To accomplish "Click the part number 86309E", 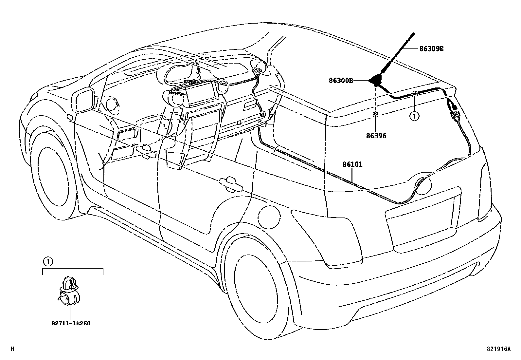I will pos(431,49).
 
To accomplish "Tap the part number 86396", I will pos(376,135).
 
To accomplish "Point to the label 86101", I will pos(352,164).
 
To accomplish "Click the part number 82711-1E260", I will pos(70,323).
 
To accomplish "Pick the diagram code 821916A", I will pos(498,349).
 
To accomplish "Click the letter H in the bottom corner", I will pos(13,349).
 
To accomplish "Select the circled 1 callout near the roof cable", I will pos(414,116).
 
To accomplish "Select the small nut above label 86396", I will pos(376,114).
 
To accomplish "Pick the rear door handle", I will pos(231,184).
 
